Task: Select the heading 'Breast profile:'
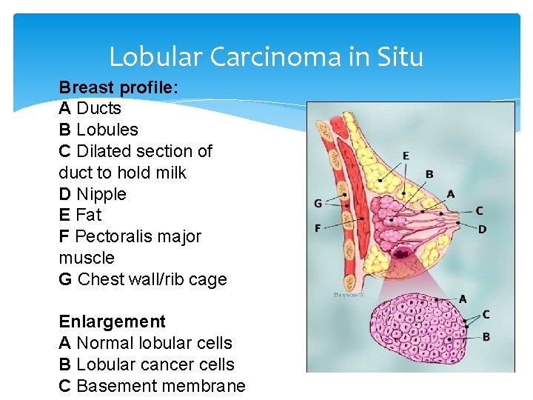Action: click(118, 87)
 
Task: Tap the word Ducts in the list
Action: click(98, 109)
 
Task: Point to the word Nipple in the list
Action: click(101, 194)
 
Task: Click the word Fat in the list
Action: click(88, 216)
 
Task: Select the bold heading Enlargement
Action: click(112, 322)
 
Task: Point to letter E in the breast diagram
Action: click(406, 156)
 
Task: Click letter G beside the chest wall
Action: click(318, 203)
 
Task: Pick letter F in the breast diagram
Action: click(318, 228)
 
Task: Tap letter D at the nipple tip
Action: click(482, 230)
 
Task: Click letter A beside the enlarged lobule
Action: click(463, 299)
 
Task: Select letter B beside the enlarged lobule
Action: click(486, 337)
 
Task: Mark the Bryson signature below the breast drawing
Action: click(349, 295)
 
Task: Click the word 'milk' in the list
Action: click(171, 173)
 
